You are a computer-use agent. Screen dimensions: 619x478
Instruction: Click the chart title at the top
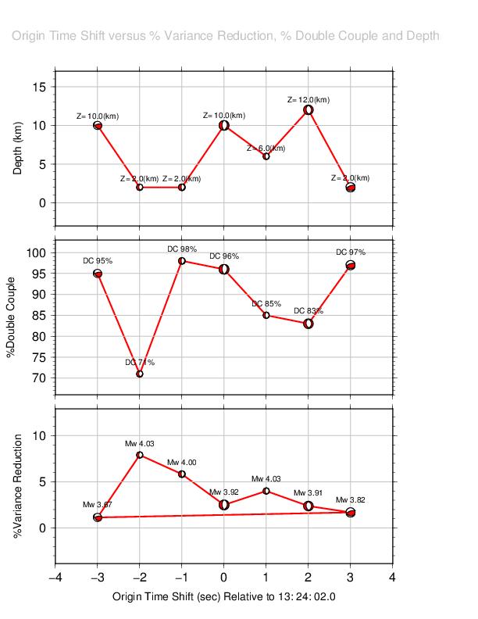(x=225, y=36)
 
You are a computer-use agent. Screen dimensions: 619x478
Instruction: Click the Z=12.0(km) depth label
(x=309, y=100)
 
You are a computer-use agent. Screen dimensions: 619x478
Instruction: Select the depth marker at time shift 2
(x=309, y=109)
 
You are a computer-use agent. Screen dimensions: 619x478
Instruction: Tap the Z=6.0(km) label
(x=266, y=148)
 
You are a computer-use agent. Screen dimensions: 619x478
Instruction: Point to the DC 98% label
(x=182, y=249)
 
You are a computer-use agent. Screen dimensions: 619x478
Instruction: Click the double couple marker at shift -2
(x=140, y=374)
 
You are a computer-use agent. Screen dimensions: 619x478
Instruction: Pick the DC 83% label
(x=309, y=311)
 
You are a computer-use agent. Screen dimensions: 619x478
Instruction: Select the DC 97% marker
(x=351, y=266)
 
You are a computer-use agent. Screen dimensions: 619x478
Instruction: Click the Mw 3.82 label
(x=351, y=499)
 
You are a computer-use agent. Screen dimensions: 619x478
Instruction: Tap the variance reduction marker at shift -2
(x=140, y=455)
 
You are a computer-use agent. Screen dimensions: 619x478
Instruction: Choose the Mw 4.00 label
(x=182, y=463)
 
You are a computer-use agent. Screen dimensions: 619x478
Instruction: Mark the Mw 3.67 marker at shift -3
(x=98, y=517)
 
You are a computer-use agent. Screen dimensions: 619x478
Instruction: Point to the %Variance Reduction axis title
(x=18, y=486)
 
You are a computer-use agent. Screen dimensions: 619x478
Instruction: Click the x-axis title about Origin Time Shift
(x=224, y=597)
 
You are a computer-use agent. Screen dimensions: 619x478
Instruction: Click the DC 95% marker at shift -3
(x=98, y=274)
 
